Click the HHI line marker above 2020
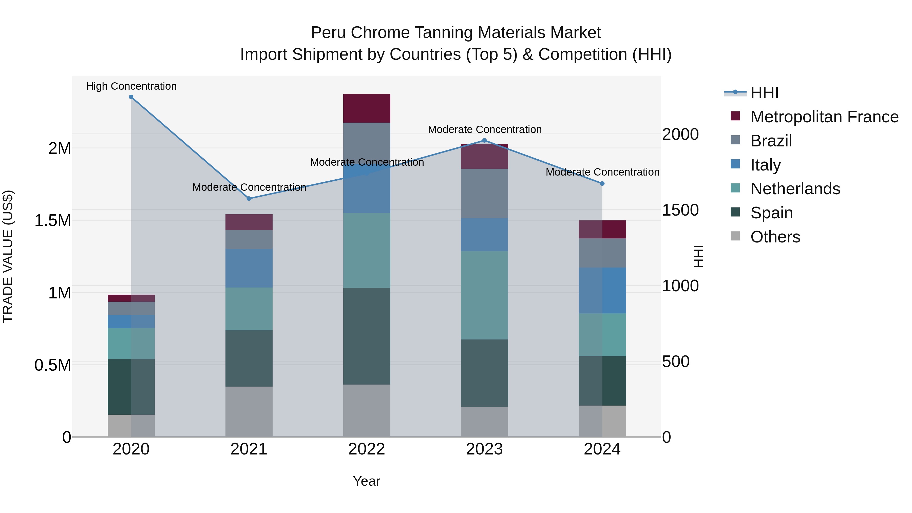[x=131, y=97]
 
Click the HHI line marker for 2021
[x=249, y=199]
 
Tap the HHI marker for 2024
[x=602, y=183]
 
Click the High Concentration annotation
[x=131, y=86]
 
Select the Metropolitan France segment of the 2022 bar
[x=367, y=108]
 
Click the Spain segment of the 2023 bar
[x=485, y=373]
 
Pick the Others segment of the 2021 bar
[x=249, y=411]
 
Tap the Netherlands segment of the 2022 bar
[x=367, y=250]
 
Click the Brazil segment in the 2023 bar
[x=485, y=193]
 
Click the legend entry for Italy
[x=765, y=165]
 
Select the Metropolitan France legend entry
[x=824, y=117]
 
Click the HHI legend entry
[x=764, y=93]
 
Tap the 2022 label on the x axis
[x=367, y=449]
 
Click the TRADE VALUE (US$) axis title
[x=8, y=256]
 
